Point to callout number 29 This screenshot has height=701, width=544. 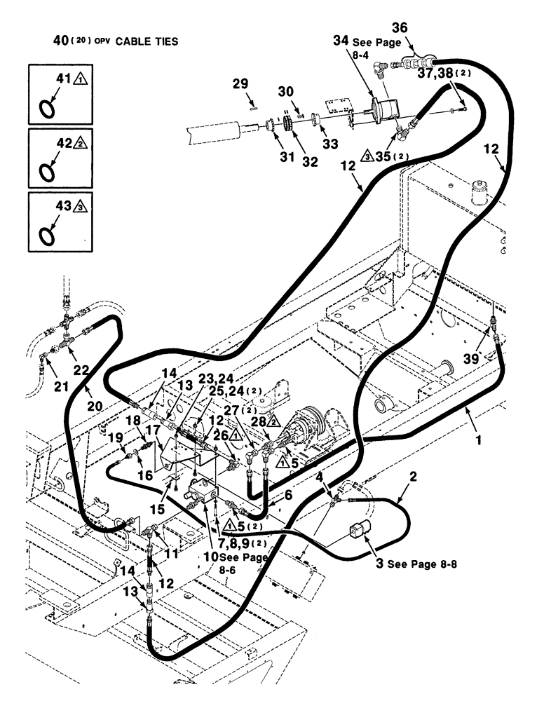(240, 83)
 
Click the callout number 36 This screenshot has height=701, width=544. (418, 27)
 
